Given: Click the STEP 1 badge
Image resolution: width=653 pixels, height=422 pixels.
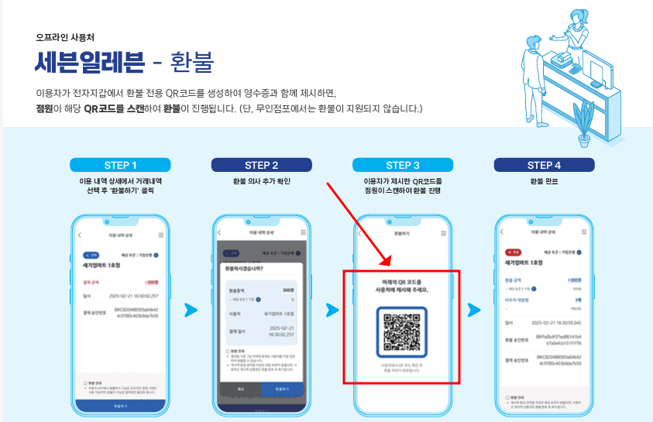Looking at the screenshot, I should click(120, 165).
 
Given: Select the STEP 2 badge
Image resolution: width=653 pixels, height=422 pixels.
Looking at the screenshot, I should click(261, 165).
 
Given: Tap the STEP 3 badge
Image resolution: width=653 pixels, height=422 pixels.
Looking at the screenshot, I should click(402, 165).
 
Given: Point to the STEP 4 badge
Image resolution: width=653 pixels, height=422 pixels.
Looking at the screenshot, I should click(543, 165).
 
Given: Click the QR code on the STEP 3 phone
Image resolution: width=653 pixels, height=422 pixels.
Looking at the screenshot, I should click(401, 331).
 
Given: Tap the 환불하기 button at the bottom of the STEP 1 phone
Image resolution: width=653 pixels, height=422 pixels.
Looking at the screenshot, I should click(120, 404).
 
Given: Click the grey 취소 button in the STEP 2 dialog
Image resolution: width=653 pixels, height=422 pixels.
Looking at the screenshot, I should click(242, 388).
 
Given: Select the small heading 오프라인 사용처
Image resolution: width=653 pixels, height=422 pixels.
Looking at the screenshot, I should click(65, 36).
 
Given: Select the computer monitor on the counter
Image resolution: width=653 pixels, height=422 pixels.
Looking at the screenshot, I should click(600, 74).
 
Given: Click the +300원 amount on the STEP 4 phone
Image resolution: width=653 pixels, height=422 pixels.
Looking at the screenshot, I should click(574, 280).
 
